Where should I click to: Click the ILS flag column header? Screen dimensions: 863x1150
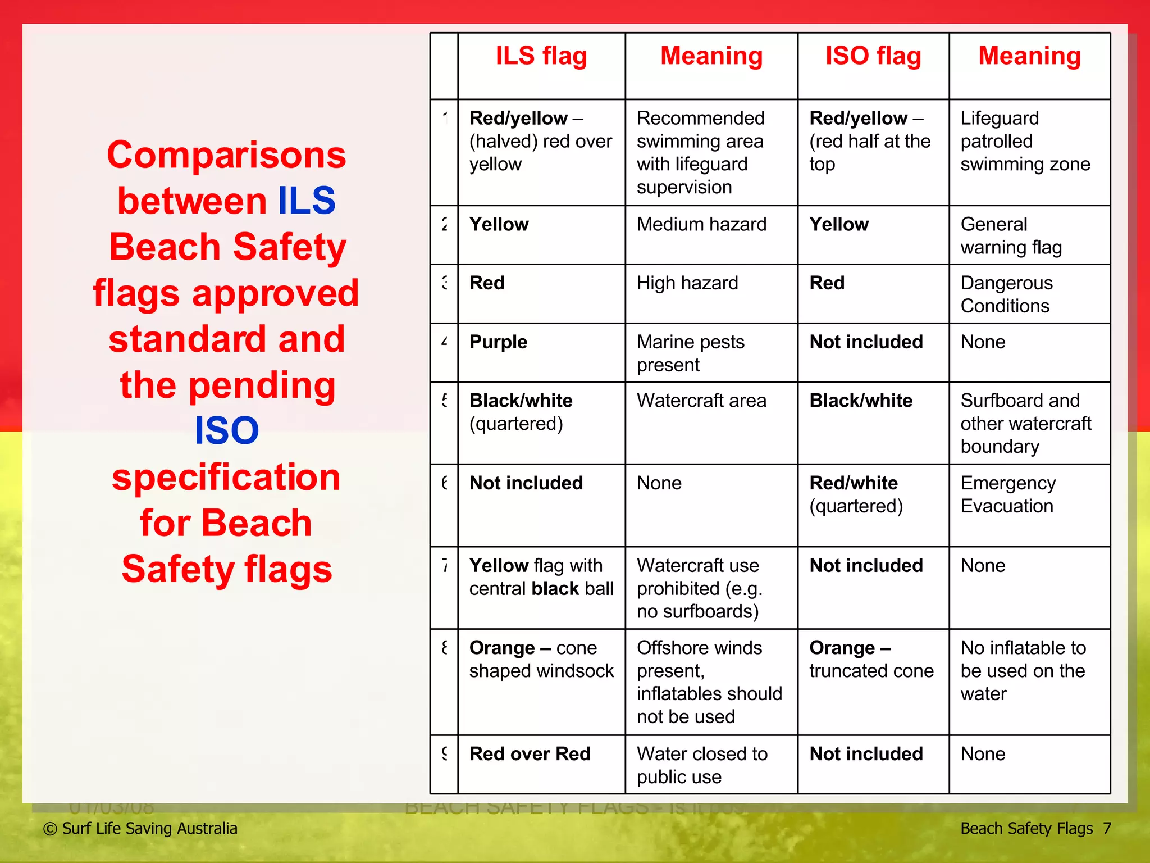click(x=541, y=57)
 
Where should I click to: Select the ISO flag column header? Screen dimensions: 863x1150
click(x=873, y=57)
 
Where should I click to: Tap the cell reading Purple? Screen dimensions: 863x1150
click(x=498, y=342)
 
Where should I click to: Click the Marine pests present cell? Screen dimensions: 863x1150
click(x=691, y=353)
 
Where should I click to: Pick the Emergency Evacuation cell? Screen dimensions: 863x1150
click(x=1008, y=494)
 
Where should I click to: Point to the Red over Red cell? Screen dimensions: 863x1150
click(x=530, y=754)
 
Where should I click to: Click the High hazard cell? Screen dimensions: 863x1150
click(x=687, y=283)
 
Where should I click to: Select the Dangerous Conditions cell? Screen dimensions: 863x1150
click(x=1006, y=294)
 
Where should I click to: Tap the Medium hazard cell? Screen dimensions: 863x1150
click(x=701, y=225)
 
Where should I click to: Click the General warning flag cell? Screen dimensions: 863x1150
click(x=1011, y=236)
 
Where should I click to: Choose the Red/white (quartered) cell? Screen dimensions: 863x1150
click(x=856, y=494)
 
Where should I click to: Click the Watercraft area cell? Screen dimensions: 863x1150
click(x=701, y=401)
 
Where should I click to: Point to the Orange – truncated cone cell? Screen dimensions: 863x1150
click(x=871, y=660)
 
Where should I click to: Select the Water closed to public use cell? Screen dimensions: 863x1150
click(x=702, y=765)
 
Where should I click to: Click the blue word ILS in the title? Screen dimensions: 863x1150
click(x=307, y=201)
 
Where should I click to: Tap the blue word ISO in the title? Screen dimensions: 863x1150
click(x=226, y=431)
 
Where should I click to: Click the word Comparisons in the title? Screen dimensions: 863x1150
click(x=226, y=155)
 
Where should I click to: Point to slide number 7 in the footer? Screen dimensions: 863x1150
click(x=1107, y=829)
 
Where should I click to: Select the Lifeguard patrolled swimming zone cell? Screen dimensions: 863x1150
click(x=1025, y=141)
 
